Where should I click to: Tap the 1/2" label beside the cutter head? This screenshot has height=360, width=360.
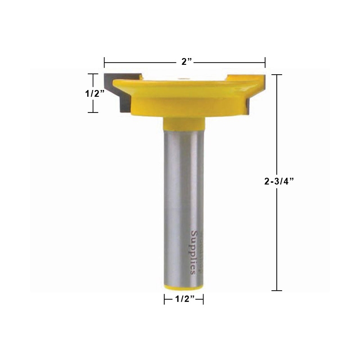[95, 93]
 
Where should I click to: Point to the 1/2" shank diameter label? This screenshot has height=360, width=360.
[184, 299]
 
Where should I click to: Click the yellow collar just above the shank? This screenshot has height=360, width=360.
[184, 122]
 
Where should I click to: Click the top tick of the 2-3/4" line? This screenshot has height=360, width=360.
[277, 75]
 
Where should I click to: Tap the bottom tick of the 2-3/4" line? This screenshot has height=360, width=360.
[277, 291]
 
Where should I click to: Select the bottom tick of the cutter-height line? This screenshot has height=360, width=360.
[93, 112]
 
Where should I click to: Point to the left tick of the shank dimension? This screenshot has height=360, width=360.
[165, 299]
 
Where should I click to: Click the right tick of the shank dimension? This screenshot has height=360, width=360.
[203, 299]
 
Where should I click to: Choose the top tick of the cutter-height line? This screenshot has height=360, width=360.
[93, 74]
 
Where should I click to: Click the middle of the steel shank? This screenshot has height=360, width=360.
[184, 202]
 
